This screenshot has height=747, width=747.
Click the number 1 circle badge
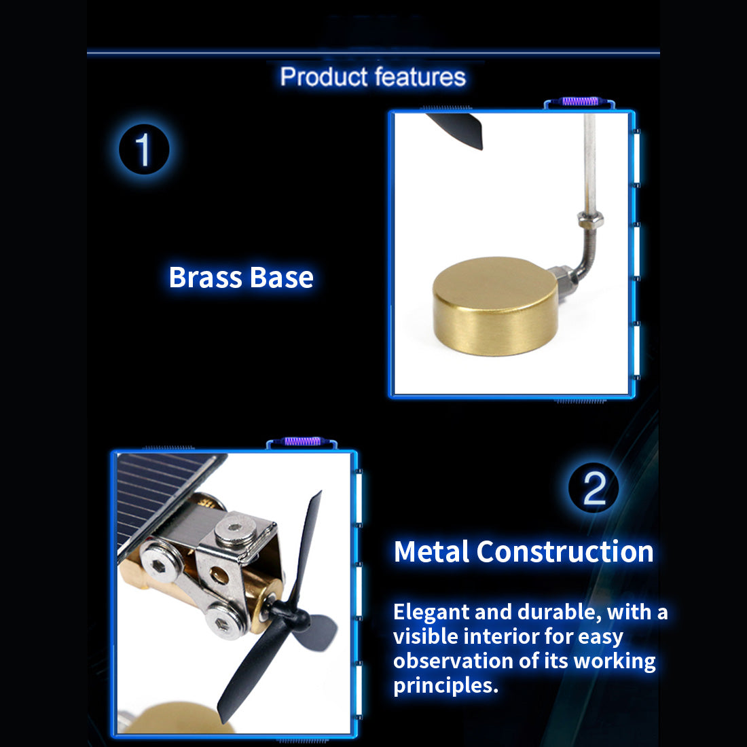tap(144, 149)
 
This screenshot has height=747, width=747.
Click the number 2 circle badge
tap(594, 488)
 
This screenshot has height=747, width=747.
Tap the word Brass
tap(206, 277)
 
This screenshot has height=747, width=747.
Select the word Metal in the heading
tap(432, 551)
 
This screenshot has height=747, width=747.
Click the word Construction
tap(565, 551)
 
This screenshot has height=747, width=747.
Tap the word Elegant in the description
tap(432, 613)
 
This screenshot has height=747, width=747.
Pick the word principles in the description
tap(446, 686)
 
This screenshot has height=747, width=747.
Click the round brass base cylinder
tap(496, 307)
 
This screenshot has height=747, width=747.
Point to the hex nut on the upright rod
tap(591, 219)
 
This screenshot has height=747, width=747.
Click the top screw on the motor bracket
tap(236, 529)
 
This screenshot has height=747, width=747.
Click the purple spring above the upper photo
tap(580, 101)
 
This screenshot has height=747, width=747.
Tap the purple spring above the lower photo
tap(302, 441)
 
